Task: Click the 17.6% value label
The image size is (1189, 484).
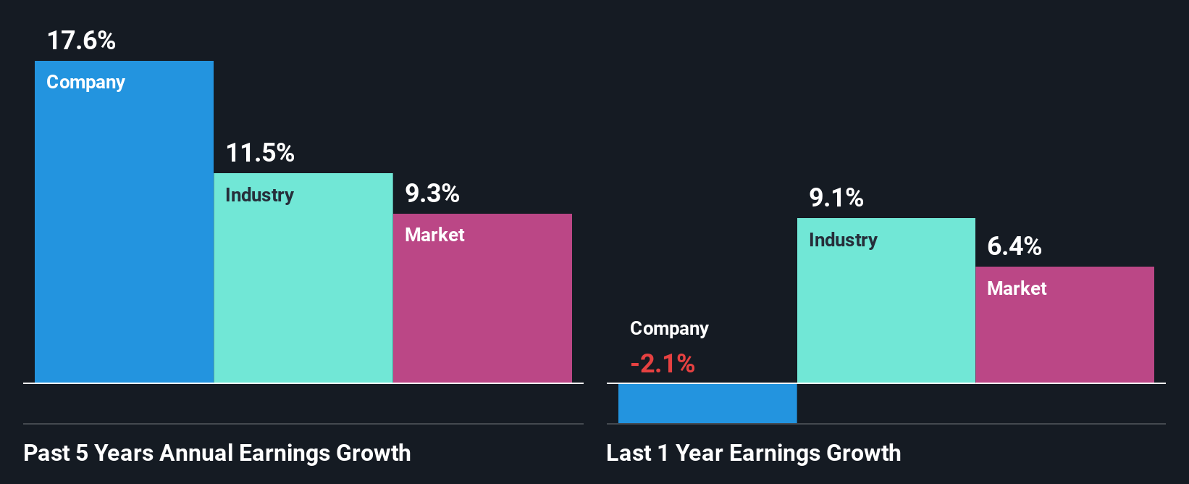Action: point(81,41)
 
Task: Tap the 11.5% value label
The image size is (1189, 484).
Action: point(260,153)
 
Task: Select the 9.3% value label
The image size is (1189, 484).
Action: point(432,193)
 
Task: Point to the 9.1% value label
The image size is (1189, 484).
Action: point(836,198)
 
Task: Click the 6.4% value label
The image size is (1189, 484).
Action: point(1014,246)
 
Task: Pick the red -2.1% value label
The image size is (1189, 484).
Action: point(663,363)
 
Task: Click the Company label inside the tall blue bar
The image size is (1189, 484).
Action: point(85,83)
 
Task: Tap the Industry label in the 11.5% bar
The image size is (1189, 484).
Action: point(259,195)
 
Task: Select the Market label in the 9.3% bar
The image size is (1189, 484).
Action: point(434,235)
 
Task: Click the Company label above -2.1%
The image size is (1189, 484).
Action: point(669,329)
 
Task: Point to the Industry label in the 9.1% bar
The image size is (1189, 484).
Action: point(843,240)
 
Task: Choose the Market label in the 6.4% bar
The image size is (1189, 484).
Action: point(1017,288)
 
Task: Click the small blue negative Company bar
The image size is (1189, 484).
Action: point(707,404)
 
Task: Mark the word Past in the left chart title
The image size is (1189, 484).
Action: point(46,453)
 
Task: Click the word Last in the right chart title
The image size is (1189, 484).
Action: point(629,453)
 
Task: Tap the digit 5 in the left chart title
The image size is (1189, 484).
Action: point(82,453)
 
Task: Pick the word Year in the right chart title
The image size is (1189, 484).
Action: point(699,453)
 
